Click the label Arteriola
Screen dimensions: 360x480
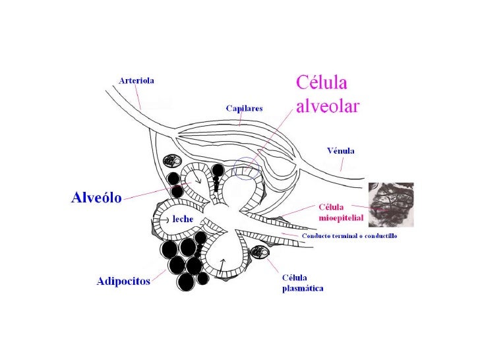[x=136, y=81]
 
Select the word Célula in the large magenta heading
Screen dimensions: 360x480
[x=320, y=84]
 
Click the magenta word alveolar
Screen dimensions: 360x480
[x=327, y=106]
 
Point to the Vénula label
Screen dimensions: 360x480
[x=340, y=150]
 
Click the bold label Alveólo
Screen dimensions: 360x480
[x=96, y=198]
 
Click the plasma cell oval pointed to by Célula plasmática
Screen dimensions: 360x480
[x=262, y=253]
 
